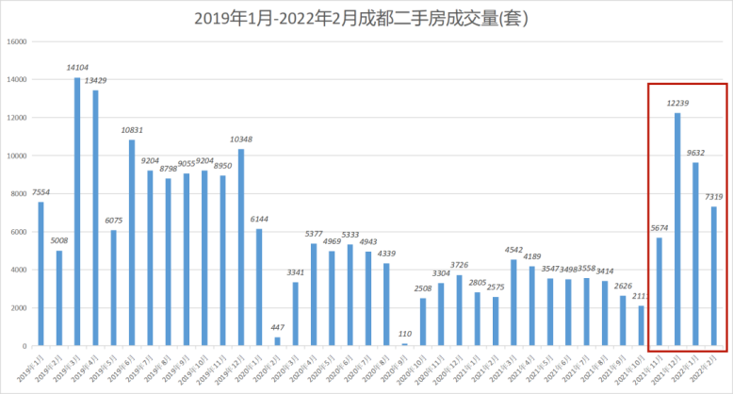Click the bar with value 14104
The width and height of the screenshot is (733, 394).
pos(77,211)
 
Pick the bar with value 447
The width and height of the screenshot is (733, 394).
pos(277,341)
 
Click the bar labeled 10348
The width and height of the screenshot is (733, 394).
pos(241,247)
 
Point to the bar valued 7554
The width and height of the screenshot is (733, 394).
pos(41,273)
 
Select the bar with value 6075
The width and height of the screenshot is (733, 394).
pos(113,287)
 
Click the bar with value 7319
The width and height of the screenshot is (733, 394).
pos(713,276)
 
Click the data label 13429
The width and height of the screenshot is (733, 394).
pos(95,80)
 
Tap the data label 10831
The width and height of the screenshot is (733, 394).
pos(132,129)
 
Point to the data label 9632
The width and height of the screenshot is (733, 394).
pos(695,152)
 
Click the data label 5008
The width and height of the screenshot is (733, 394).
pos(59,240)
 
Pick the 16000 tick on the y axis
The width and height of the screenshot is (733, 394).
pos(16,41)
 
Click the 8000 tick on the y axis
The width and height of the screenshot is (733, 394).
pos(18,193)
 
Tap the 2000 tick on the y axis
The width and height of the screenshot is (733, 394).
pos(18,307)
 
